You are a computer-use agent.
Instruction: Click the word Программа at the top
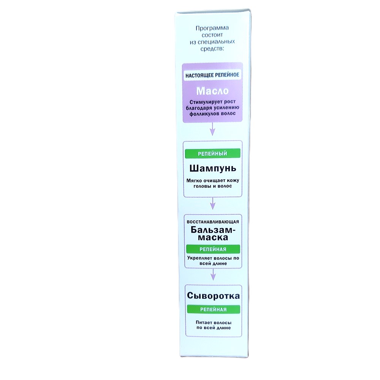(x=212, y=28)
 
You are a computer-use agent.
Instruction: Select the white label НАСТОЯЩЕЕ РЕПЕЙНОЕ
(x=212, y=75)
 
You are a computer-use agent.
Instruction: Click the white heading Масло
(x=212, y=91)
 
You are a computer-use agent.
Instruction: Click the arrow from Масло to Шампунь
(x=212, y=129)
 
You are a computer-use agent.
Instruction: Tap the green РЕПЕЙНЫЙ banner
(x=212, y=154)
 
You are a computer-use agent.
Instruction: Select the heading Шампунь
(x=212, y=168)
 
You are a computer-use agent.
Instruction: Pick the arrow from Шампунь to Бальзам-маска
(x=212, y=203)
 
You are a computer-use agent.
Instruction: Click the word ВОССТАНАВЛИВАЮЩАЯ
(x=213, y=222)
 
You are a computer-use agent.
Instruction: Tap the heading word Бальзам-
(x=213, y=229)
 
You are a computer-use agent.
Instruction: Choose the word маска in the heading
(x=213, y=237)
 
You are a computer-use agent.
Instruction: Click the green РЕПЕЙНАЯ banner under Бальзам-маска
(x=213, y=249)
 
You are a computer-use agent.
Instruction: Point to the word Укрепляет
(x=198, y=258)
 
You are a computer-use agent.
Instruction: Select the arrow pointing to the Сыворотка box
(x=213, y=274)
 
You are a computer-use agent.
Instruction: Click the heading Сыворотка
(x=213, y=296)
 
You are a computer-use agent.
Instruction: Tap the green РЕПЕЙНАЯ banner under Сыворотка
(x=214, y=309)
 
